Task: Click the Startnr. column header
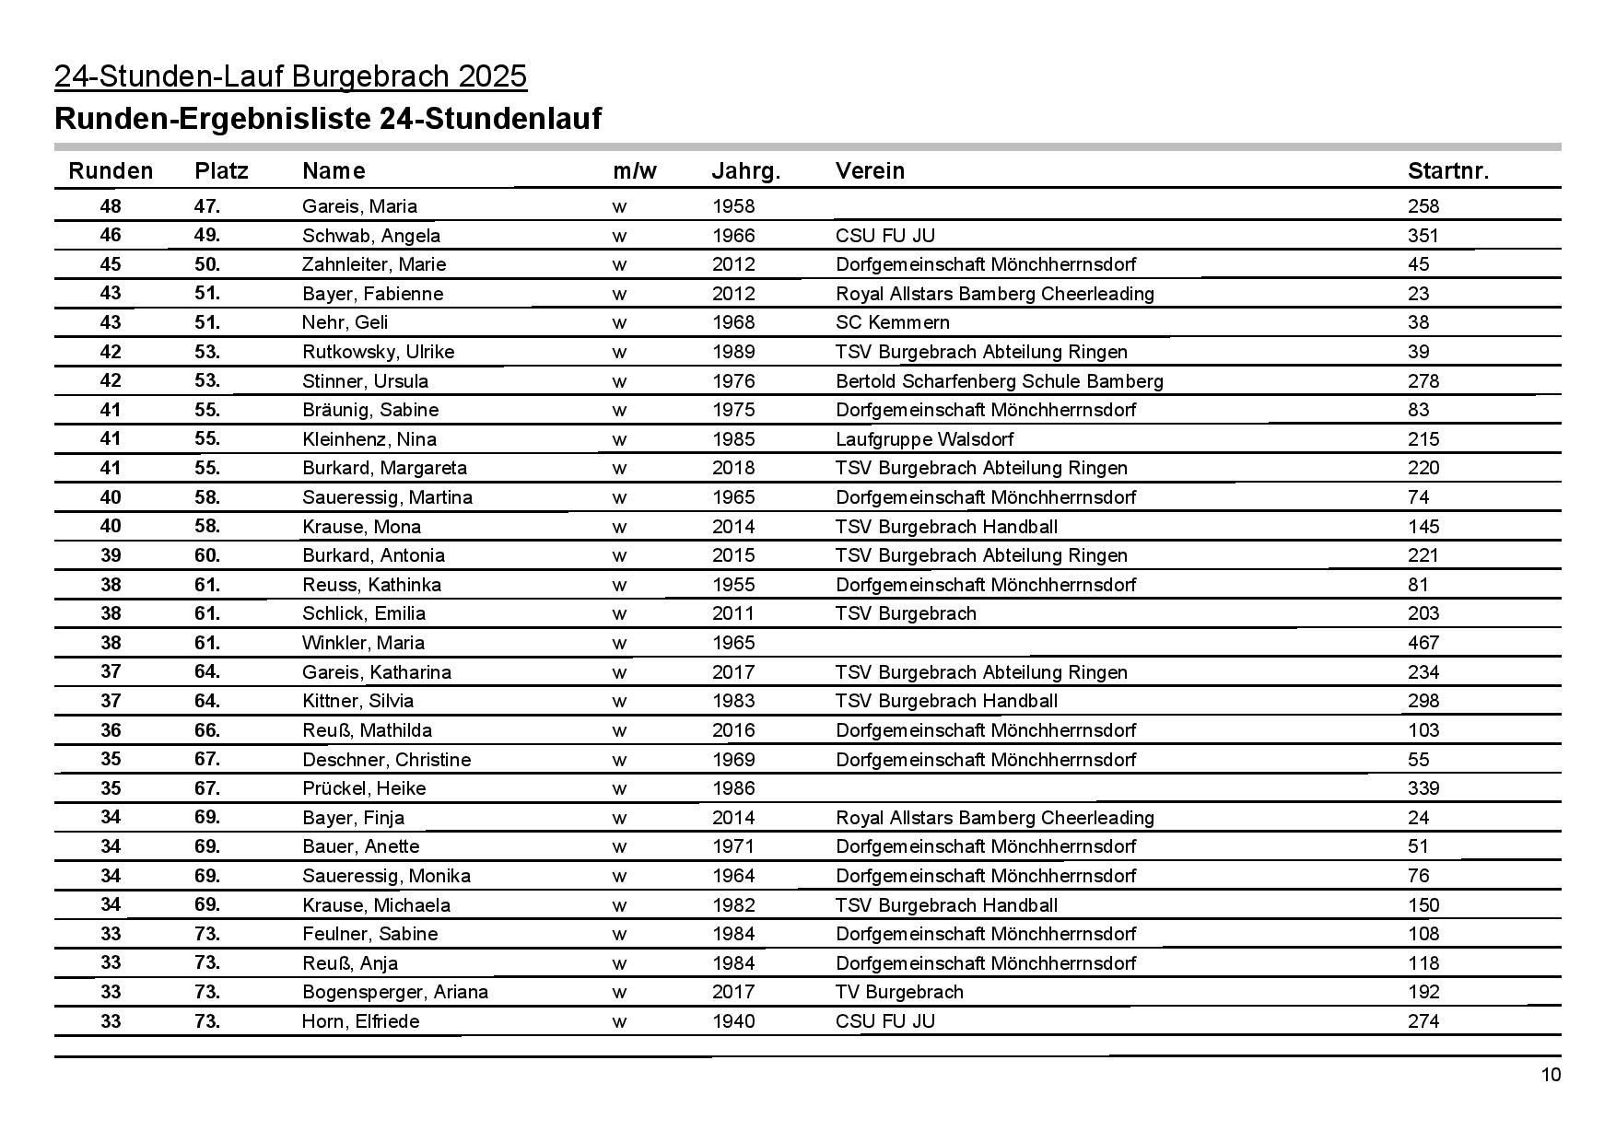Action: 1447,170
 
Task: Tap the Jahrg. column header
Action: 745,170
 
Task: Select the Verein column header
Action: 870,170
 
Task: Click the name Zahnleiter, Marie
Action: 374,264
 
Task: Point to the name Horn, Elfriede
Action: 360,1020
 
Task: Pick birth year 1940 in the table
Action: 732,1020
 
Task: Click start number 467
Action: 1423,643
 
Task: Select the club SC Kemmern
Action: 892,322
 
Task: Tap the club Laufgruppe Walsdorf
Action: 924,439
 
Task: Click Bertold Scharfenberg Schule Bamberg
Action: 999,381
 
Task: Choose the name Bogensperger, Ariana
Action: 395,992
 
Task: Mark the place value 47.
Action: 207,206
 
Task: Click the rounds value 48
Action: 110,206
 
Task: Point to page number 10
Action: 1551,1075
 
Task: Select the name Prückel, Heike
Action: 364,788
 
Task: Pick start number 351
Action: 1423,236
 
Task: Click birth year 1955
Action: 732,585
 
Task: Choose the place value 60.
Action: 207,555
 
